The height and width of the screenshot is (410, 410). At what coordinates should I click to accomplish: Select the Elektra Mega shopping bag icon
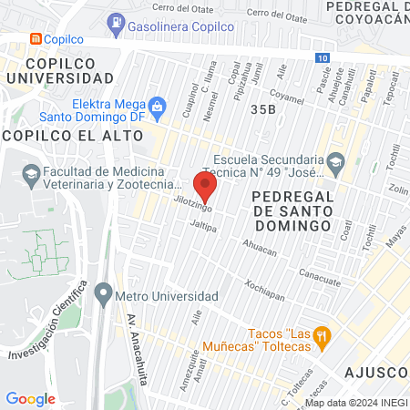pyautogui.click(x=157, y=106)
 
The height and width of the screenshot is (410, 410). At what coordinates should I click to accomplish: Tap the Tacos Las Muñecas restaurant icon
pyautogui.click(x=321, y=338)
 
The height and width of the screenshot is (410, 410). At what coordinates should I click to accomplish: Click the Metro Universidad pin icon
pyautogui.click(x=103, y=296)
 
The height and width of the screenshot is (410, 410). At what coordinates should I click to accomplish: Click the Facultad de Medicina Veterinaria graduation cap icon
pyautogui.click(x=30, y=173)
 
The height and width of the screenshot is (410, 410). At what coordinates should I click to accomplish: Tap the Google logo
pyautogui.click(x=30, y=398)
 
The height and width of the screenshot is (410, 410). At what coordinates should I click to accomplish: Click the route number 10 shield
pyautogui.click(x=324, y=57)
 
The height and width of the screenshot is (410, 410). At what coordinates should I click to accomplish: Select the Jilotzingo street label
pyautogui.click(x=193, y=207)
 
